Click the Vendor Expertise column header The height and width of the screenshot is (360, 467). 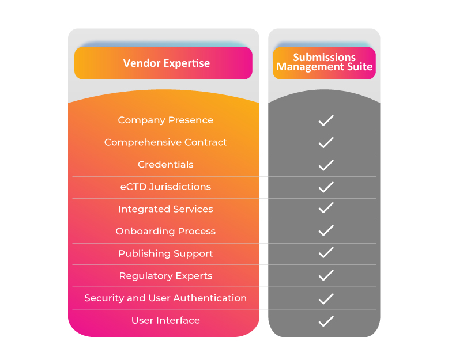(x=166, y=63)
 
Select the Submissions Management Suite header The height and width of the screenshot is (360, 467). (x=324, y=62)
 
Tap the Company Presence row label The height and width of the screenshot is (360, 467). (x=165, y=120)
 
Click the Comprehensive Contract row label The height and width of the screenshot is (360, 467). (x=165, y=142)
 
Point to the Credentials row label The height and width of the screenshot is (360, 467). (x=165, y=165)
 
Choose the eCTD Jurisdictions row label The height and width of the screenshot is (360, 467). (x=165, y=187)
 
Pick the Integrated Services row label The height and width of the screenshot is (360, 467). (x=165, y=209)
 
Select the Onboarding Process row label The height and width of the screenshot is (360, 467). (x=165, y=232)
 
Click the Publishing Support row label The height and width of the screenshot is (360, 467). (x=165, y=253)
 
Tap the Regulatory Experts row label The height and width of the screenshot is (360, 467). (x=165, y=276)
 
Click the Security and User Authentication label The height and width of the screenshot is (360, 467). (x=165, y=298)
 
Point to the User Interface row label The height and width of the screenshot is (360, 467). (x=165, y=320)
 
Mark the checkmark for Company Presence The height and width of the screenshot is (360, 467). (x=326, y=120)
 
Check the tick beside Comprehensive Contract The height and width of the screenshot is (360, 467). (x=326, y=142)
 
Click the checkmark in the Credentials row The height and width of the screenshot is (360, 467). (x=326, y=165)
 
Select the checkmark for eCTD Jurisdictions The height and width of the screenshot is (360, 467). (x=326, y=187)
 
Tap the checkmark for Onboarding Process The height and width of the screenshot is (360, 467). (x=326, y=231)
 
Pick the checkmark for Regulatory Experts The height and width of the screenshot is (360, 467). (x=326, y=275)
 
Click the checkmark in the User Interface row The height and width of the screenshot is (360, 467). (x=326, y=321)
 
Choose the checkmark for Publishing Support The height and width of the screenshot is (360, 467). (x=326, y=253)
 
